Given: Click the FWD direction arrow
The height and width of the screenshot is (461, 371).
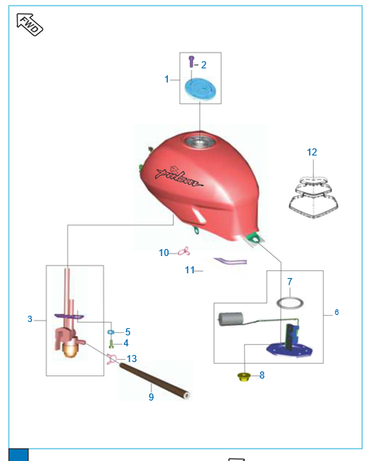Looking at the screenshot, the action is tap(30, 24).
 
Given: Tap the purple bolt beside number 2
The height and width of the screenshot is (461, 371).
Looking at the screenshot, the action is tap(191, 61).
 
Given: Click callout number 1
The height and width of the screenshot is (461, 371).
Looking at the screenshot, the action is tap(166, 79).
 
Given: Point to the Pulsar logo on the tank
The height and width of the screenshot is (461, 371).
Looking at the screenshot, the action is tap(178, 177).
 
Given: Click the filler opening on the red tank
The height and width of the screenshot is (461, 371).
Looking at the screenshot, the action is tap(200, 142).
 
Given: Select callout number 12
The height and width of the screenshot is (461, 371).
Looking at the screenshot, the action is tap(312, 152).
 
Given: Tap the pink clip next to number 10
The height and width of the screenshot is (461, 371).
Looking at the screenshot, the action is tap(184, 251).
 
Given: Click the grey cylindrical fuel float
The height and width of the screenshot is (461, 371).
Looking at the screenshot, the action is tap(231, 319).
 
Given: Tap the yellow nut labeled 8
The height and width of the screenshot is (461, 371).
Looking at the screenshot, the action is tap(243, 377).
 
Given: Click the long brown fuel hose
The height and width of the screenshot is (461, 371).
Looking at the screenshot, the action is tap(155, 381).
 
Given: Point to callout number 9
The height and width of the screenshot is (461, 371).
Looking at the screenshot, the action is tap(151, 397).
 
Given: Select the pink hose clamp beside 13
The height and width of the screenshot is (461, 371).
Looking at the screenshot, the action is tap(111, 359).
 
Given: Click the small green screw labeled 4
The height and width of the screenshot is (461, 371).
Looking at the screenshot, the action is tap(111, 343).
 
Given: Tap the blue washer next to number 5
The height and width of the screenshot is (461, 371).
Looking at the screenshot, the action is tap(111, 332).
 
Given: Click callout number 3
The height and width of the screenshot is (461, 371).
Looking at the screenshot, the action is tap(30, 319).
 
